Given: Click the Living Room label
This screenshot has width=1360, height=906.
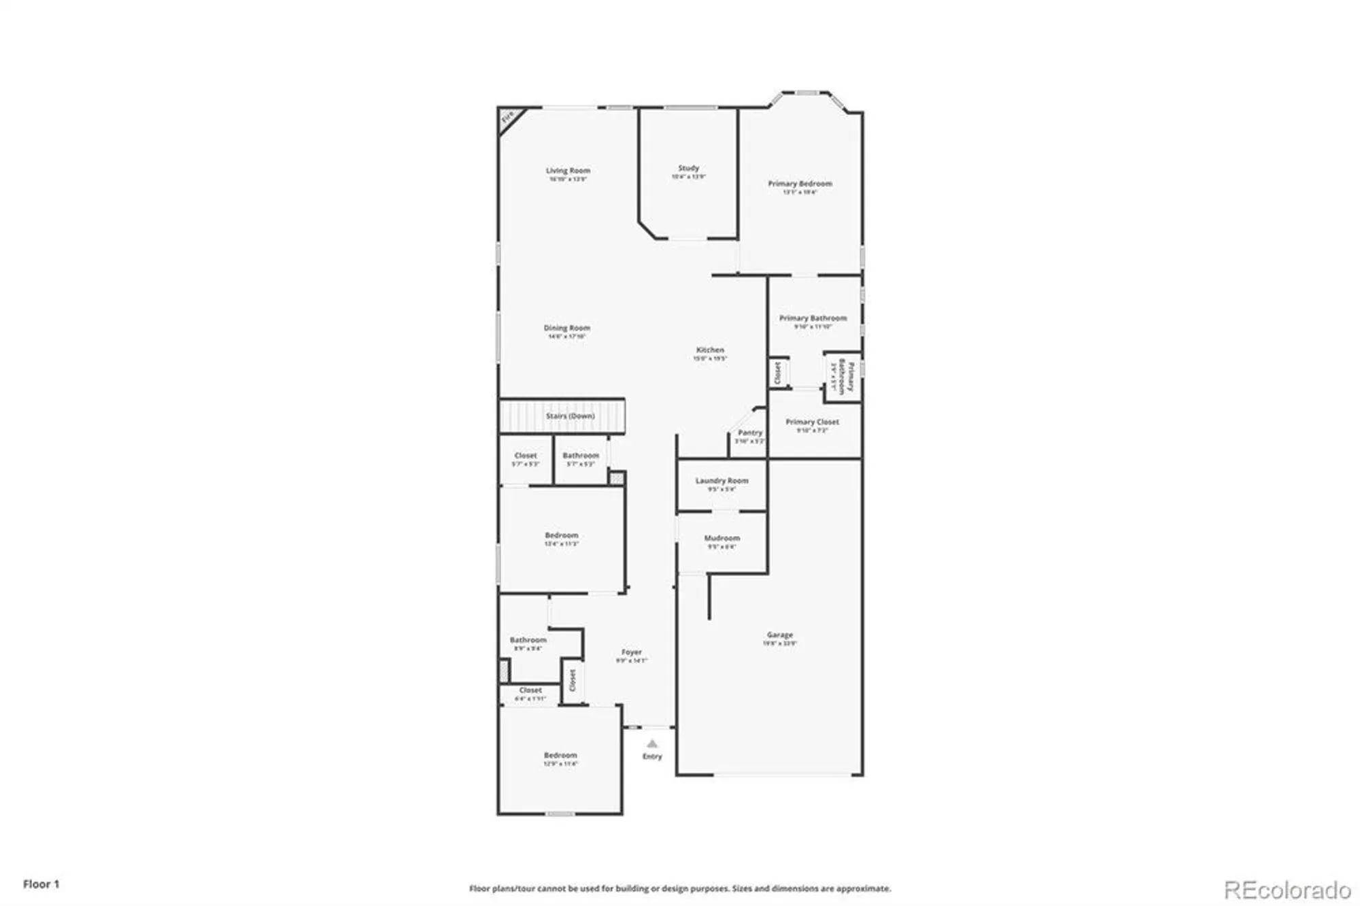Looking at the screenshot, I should click(568, 171).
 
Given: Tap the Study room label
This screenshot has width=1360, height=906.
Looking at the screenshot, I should click(688, 168).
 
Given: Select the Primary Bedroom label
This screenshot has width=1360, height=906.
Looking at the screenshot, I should click(800, 184).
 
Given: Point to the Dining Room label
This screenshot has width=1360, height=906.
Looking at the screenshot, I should click(566, 328).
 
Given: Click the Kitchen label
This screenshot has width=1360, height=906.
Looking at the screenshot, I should click(710, 350).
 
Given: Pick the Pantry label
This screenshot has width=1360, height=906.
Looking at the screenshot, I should click(749, 433).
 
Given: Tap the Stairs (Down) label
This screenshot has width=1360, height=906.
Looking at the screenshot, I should click(570, 416).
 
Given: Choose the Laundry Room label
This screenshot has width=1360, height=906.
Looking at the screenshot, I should click(721, 480).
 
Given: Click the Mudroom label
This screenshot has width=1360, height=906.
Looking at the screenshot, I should click(721, 538).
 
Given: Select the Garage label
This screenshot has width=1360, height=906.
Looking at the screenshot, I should click(779, 635).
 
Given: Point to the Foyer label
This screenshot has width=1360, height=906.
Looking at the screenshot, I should click(631, 652).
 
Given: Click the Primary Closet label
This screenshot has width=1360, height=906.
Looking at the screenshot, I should click(812, 422).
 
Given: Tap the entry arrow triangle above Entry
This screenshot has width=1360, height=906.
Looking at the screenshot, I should click(652, 743).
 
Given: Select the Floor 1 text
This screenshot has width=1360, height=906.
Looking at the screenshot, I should click(41, 884).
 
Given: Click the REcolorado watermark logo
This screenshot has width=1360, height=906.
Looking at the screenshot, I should click(1287, 890).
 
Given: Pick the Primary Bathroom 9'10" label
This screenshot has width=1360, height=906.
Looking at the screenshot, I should click(813, 318).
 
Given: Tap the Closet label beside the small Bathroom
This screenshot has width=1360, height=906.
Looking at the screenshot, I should click(525, 456).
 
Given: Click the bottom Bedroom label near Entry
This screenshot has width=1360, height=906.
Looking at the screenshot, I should click(560, 755).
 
